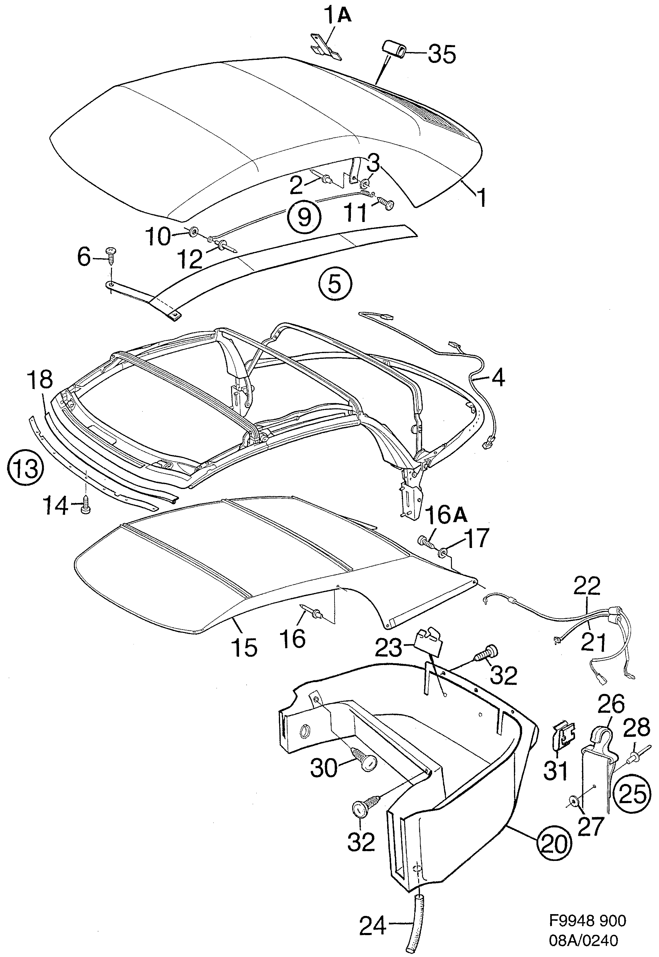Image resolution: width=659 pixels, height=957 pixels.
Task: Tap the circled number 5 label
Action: point(335,285)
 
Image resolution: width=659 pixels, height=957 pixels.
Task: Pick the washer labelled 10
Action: point(193,233)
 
